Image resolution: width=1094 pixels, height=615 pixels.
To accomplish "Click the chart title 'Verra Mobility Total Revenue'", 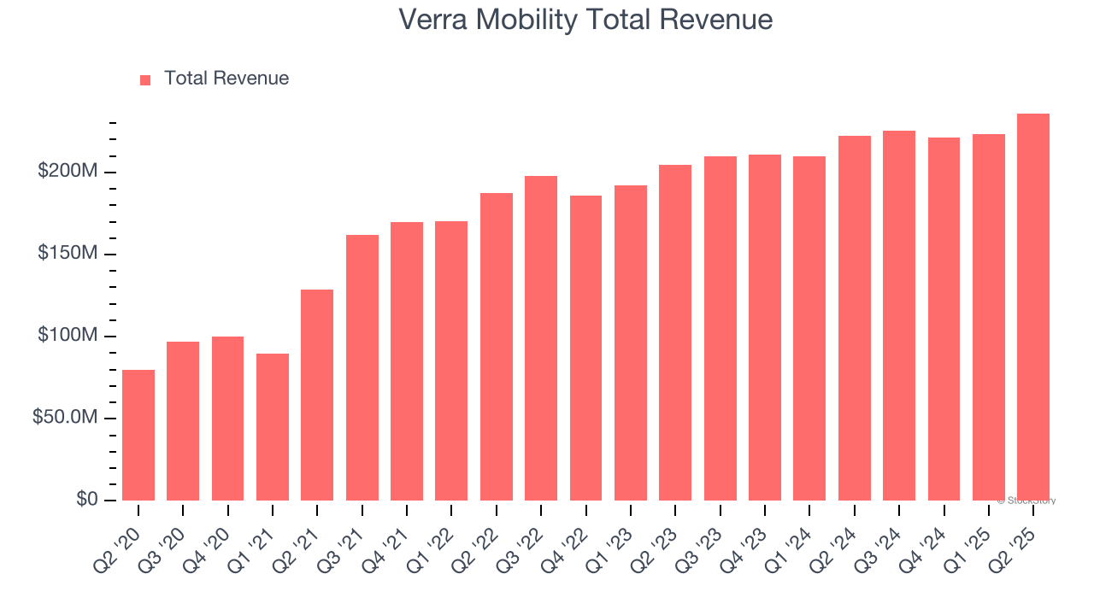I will click(585, 20).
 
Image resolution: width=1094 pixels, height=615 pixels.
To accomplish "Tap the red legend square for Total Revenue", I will click(145, 79).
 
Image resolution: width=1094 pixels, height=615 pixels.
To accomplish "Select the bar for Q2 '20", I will click(138, 435).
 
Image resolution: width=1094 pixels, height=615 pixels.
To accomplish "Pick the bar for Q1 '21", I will click(273, 427).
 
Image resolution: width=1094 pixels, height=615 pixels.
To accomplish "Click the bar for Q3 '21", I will click(362, 367).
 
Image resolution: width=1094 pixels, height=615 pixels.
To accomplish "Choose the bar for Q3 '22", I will click(541, 338).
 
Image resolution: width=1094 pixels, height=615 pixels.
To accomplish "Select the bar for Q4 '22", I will click(585, 348).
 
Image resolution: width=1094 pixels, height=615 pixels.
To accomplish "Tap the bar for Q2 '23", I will click(675, 332).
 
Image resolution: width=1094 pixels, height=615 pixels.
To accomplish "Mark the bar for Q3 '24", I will click(899, 315).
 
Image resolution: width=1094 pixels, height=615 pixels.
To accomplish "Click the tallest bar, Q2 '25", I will click(1033, 307).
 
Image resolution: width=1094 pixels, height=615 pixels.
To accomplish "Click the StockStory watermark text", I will click(1026, 501).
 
